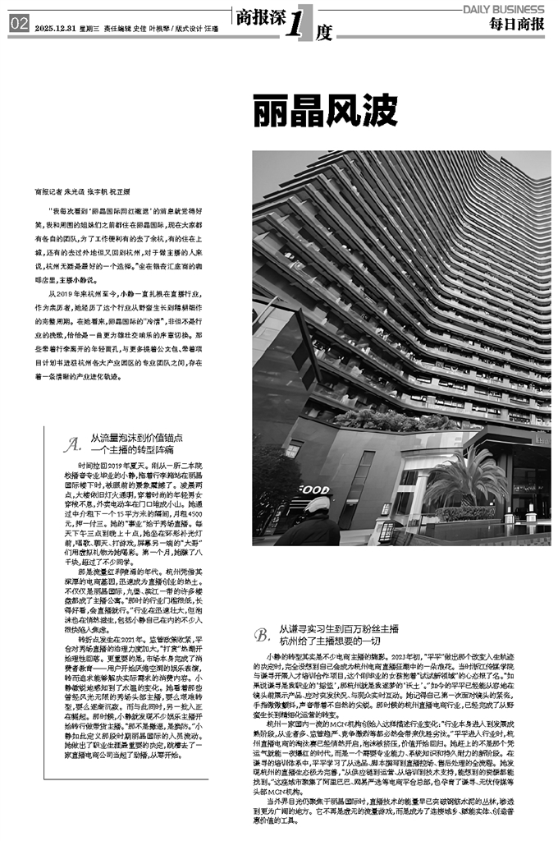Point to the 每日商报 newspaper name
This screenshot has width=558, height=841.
pyautogui.click(x=518, y=25)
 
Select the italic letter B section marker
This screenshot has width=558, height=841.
pyautogui.click(x=262, y=634)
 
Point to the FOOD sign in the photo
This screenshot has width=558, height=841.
pyautogui.click(x=313, y=489)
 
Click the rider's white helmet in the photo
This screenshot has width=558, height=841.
pyautogui.click(x=316, y=505)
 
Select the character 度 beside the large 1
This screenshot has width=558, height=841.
pyautogui.click(x=324, y=32)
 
